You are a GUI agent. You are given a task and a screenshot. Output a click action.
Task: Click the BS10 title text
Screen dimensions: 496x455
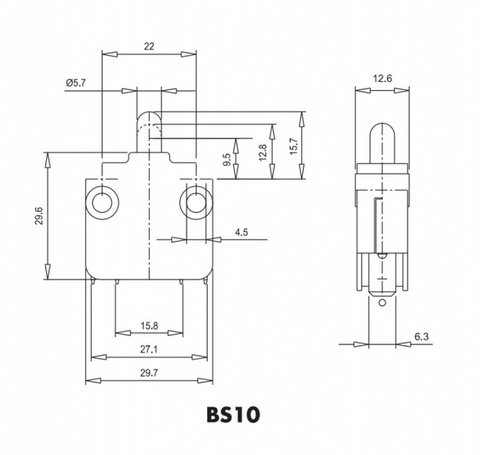pyautogui.click(x=233, y=415)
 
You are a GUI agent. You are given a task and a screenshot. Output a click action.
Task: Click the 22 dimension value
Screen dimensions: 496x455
pyautogui.click(x=149, y=47)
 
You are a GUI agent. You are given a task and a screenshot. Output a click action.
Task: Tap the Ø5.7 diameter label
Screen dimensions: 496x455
pyautogui.click(x=76, y=83)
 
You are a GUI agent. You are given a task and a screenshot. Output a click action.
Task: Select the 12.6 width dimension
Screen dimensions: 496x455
pyautogui.click(x=382, y=78)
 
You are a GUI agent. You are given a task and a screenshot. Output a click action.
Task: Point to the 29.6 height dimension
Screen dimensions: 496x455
pyautogui.click(x=39, y=216)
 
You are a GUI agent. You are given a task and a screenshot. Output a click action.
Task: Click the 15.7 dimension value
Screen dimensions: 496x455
pyautogui.click(x=294, y=146)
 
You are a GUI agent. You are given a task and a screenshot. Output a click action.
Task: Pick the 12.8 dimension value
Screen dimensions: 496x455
pyautogui.click(x=263, y=152)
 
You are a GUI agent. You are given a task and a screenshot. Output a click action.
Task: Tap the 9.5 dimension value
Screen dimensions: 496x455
pyautogui.click(x=227, y=159)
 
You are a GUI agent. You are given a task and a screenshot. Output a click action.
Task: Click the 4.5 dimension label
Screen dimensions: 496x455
pyautogui.click(x=241, y=233)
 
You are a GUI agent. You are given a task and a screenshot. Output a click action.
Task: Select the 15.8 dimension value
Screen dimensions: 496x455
pyautogui.click(x=149, y=325)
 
